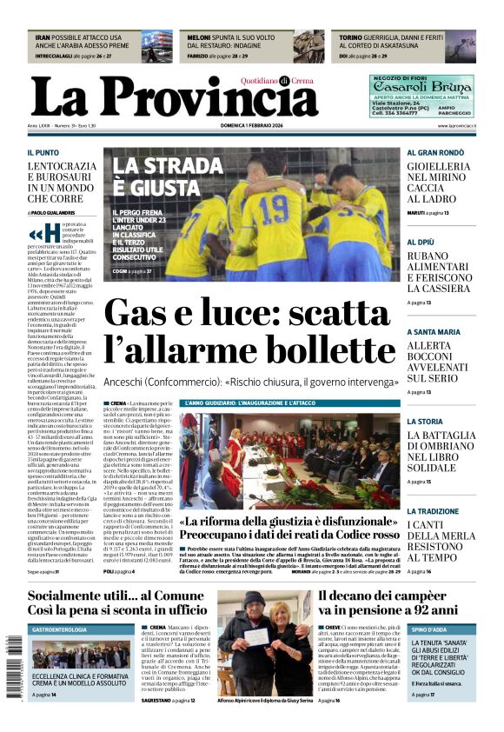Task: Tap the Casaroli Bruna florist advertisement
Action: pos(421,96)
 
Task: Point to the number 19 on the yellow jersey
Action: pos(275,208)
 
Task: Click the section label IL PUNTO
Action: pos(43,152)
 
